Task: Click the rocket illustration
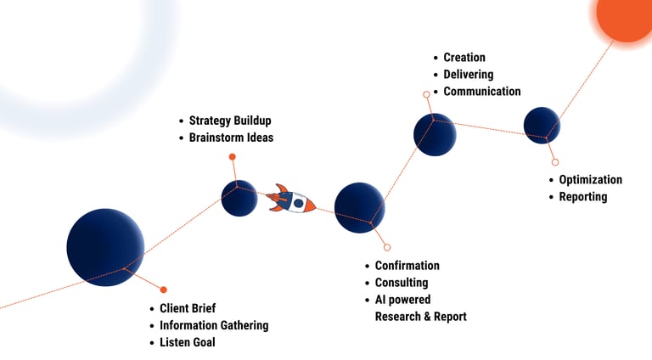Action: (x=291, y=200)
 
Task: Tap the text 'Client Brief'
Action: (x=188, y=308)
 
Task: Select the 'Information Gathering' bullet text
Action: (x=214, y=325)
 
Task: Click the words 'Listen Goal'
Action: (x=187, y=342)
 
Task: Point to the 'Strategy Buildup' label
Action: (x=230, y=121)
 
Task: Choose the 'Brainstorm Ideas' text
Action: (x=231, y=138)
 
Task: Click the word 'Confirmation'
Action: (x=407, y=266)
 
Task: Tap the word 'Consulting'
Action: (x=402, y=283)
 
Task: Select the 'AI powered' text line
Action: (x=402, y=300)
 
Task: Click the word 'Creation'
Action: (x=464, y=58)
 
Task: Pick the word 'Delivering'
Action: (x=468, y=75)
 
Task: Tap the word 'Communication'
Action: (x=482, y=92)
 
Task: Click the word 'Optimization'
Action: (x=590, y=180)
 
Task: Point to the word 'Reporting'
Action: (x=583, y=197)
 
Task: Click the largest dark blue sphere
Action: (x=105, y=247)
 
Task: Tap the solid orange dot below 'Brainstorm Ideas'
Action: (x=232, y=156)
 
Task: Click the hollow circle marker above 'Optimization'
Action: (x=555, y=161)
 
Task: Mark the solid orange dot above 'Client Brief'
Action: (x=163, y=290)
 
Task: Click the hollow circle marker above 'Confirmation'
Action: (x=387, y=247)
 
